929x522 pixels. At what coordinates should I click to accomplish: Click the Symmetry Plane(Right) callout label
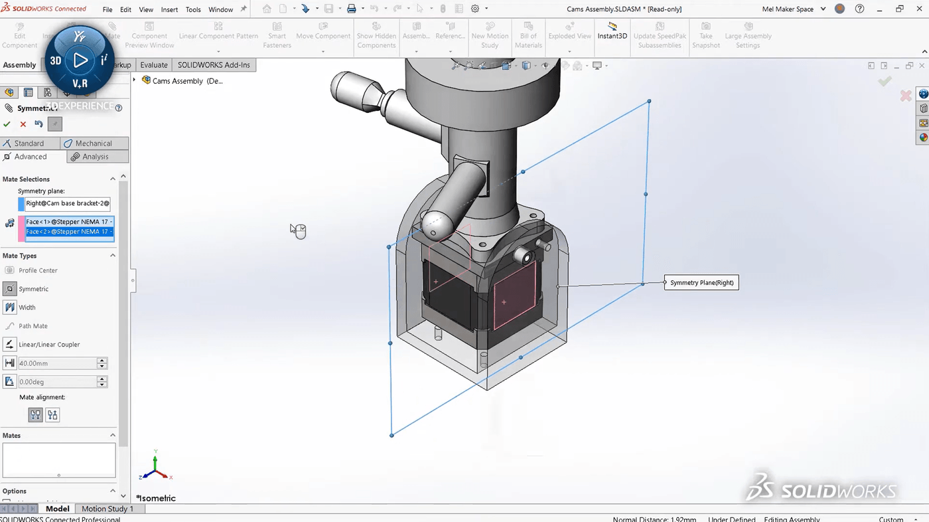tap(701, 283)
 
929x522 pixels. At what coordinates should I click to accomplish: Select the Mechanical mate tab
tap(94, 143)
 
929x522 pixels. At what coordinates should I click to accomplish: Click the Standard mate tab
tap(29, 143)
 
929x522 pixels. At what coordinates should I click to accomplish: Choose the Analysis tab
tap(96, 157)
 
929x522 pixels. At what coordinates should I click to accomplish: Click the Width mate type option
tap(27, 307)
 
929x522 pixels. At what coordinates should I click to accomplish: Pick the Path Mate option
tap(33, 326)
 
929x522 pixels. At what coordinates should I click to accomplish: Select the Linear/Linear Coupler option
tap(49, 345)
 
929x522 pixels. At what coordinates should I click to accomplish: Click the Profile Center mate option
tap(38, 270)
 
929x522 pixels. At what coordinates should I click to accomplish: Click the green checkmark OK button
tap(7, 124)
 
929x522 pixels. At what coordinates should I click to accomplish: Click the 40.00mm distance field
tap(56, 363)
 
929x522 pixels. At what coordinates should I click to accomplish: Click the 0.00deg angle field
tap(56, 382)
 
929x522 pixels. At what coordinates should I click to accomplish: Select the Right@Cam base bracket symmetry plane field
tap(68, 203)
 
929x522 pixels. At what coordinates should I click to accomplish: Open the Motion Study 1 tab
tap(107, 509)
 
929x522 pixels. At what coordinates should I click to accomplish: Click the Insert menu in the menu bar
tap(169, 9)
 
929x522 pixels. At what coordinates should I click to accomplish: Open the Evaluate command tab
tap(153, 65)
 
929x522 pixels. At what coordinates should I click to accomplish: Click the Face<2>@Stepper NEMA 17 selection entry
tap(68, 232)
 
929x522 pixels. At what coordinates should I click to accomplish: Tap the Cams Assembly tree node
tap(177, 81)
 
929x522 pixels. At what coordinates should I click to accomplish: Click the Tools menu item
tap(193, 9)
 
